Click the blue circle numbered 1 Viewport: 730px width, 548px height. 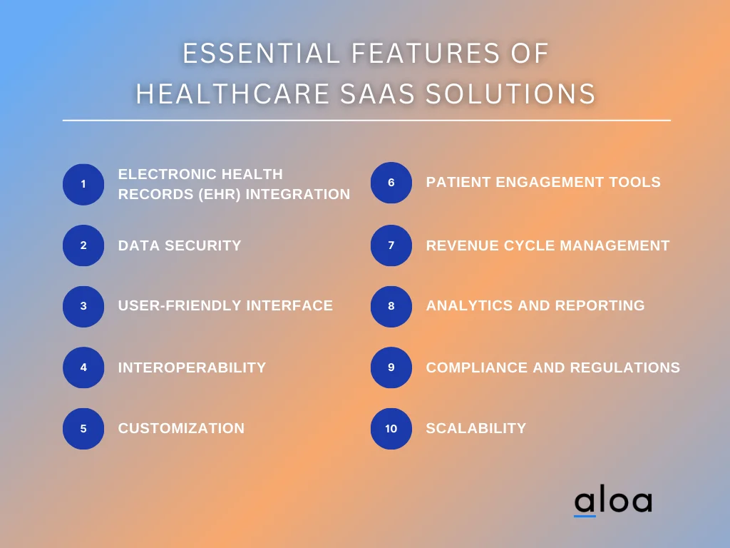(83, 184)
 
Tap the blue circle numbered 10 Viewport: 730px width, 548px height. (391, 429)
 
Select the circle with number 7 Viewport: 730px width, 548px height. (391, 245)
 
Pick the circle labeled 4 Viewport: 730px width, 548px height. (83, 367)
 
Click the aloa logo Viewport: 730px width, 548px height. (613, 502)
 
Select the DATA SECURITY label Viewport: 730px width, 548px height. (180, 245)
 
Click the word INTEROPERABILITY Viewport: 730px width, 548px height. (192, 367)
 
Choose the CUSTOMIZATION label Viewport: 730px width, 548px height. (181, 429)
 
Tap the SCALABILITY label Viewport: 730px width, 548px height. (475, 429)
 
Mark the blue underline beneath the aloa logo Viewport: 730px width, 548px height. (585, 515)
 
